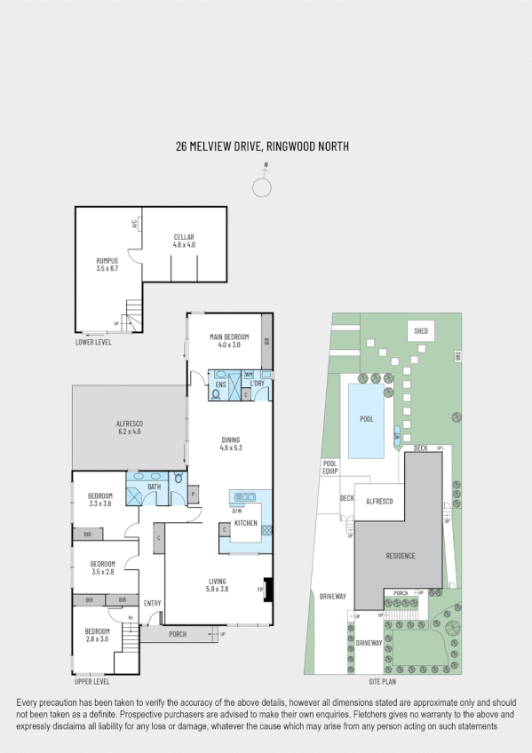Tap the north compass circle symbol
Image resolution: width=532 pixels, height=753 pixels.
tap(262, 187)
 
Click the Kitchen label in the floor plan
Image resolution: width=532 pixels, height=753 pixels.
tap(246, 523)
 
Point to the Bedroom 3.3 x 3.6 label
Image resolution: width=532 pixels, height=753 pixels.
tap(100, 500)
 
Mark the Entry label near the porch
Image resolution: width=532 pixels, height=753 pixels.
tap(152, 604)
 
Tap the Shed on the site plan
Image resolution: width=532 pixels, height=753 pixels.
tap(421, 331)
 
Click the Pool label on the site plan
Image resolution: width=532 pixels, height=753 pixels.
tap(367, 417)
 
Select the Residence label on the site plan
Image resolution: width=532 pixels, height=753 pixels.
tap(400, 556)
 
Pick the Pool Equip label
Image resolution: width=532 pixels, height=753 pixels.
tap(330, 467)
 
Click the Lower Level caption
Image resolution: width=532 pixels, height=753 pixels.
tap(93, 341)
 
